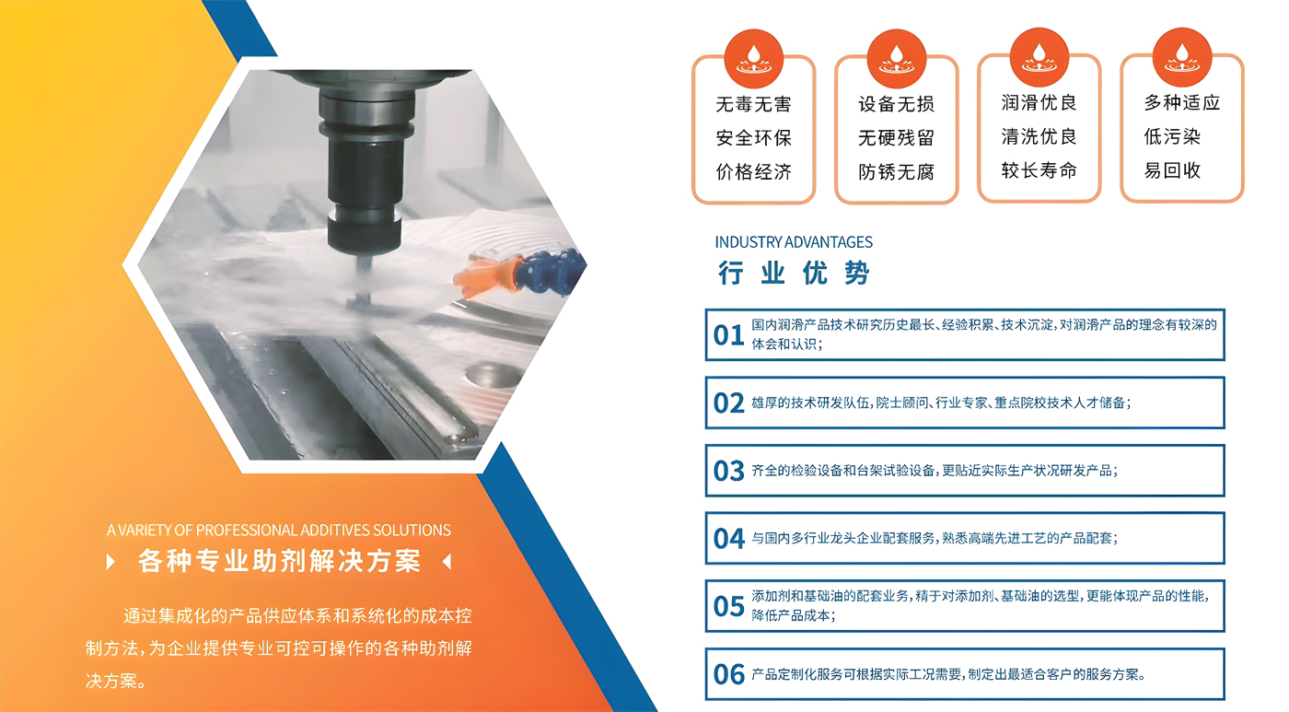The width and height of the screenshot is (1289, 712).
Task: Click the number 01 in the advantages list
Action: [728, 335]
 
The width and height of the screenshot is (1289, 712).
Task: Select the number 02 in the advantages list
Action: [728, 403]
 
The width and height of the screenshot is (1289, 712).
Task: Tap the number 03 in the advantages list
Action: [728, 472]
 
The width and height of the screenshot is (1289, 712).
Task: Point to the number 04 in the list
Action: [728, 539]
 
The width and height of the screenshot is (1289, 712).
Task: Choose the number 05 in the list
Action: [728, 607]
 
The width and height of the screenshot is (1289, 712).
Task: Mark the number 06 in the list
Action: [728, 675]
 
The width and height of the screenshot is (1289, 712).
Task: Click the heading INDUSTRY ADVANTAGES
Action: [793, 242]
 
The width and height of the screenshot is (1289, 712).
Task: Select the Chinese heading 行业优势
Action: [793, 273]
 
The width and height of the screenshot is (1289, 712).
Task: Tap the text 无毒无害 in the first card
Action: [753, 104]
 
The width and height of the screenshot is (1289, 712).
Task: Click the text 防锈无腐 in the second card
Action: [896, 172]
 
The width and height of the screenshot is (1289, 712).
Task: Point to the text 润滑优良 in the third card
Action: [1039, 102]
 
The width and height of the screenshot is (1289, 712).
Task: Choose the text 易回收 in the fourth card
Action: [1172, 170]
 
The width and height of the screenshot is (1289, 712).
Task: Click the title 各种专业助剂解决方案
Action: [278, 561]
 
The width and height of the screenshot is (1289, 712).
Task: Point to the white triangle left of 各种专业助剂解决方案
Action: [111, 561]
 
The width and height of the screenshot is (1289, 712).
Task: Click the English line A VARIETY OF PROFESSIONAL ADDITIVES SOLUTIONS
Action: [278, 531]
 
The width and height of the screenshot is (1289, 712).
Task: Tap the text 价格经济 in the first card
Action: [753, 172]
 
